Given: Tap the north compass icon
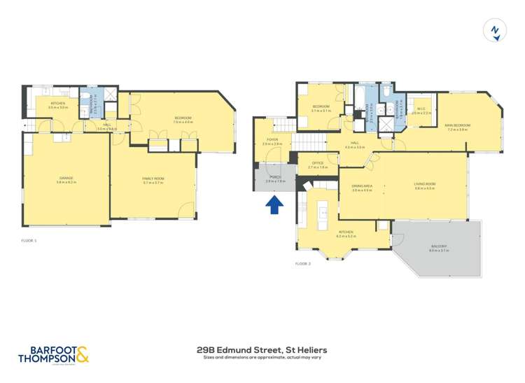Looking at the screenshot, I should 495,30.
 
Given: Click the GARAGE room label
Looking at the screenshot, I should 66,178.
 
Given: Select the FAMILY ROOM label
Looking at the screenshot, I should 153,179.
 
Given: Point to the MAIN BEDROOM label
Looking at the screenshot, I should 457,125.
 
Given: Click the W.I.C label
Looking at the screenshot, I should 421,109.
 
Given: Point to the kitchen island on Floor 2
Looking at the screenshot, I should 323,210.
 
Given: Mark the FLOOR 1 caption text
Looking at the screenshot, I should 29,240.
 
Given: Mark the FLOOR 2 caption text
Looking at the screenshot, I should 302,263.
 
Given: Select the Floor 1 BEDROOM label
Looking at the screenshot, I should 183,118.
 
